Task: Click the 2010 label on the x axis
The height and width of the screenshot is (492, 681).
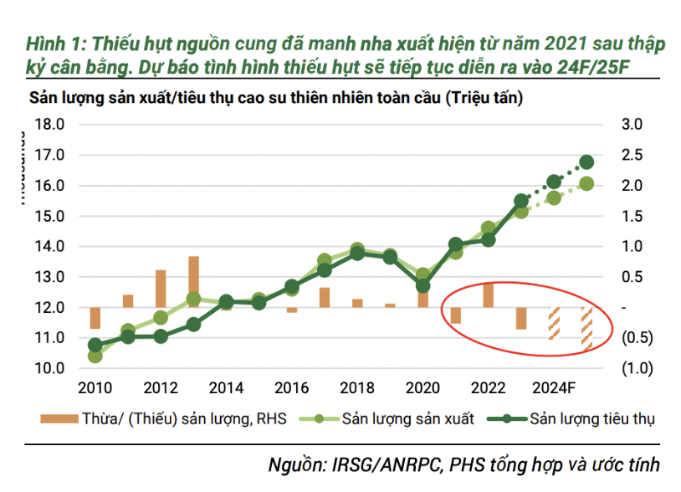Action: tap(95, 388)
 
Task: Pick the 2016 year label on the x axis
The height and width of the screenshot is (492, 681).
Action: tap(291, 388)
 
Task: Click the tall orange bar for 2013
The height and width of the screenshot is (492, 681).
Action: tap(193, 281)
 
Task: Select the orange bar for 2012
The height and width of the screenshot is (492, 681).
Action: tap(161, 288)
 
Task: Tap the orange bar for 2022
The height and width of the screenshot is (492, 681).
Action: tap(489, 295)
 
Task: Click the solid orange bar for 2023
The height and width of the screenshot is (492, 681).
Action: tap(521, 318)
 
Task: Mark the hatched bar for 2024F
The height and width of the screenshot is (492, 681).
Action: tap(554, 323)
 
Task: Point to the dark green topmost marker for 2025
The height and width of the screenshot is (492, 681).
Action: tap(586, 162)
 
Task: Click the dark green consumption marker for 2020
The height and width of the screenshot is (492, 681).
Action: tap(423, 285)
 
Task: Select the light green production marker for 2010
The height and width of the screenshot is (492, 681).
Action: tap(95, 356)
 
